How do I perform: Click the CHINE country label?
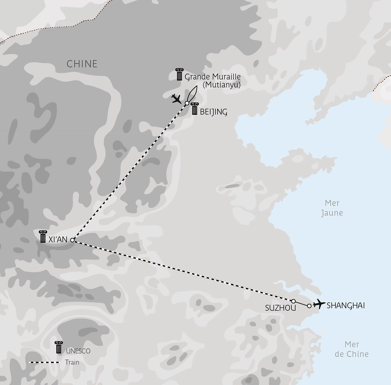[82, 64]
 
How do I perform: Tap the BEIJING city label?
[213, 112]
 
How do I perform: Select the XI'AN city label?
[58, 239]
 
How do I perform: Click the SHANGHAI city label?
[346, 306]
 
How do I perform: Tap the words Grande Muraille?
[212, 77]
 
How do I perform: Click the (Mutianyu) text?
[222, 84]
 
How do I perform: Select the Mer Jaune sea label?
[332, 208]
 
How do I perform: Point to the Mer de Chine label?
[351, 349]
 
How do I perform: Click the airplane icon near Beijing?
[177, 99]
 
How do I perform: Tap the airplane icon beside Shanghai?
[319, 304]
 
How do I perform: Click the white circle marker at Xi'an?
[72, 240]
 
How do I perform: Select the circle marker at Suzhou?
[293, 301]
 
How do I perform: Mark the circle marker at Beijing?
[187, 103]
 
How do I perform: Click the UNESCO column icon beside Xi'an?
[43, 236]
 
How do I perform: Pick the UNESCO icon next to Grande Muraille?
[179, 74]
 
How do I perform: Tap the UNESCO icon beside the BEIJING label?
[194, 108]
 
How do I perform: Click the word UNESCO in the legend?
[78, 351]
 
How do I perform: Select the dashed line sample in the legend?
[44, 362]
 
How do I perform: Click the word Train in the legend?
[72, 362]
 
